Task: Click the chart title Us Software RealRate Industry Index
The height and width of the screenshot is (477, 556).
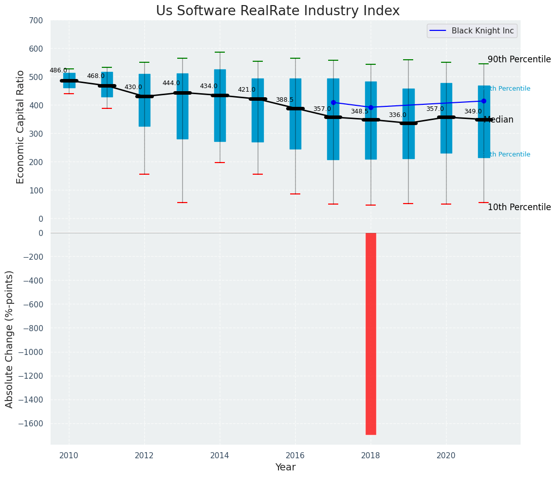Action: (x=277, y=11)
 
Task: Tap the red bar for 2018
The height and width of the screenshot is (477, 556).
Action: (x=371, y=333)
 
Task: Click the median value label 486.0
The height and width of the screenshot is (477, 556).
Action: (x=58, y=70)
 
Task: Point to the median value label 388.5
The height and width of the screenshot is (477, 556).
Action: (x=285, y=100)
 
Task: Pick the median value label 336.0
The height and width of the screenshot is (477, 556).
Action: (x=398, y=115)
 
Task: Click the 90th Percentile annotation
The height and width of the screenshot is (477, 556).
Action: (x=519, y=59)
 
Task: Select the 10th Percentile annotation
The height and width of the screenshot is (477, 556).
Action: (x=519, y=207)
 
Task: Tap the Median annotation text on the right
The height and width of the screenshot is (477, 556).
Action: (x=500, y=120)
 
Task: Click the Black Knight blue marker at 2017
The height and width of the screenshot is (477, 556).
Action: (x=333, y=102)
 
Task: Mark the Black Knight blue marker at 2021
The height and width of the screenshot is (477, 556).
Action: (x=484, y=101)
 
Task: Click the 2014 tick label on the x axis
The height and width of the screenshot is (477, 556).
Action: (x=220, y=455)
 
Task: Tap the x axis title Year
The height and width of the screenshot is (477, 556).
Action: (x=285, y=467)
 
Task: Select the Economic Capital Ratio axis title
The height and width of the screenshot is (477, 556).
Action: (x=21, y=127)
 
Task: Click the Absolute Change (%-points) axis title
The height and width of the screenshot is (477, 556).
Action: (x=10, y=339)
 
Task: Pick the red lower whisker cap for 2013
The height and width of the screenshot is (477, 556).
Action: (x=182, y=203)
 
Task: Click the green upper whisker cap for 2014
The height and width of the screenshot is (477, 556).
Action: (x=220, y=52)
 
